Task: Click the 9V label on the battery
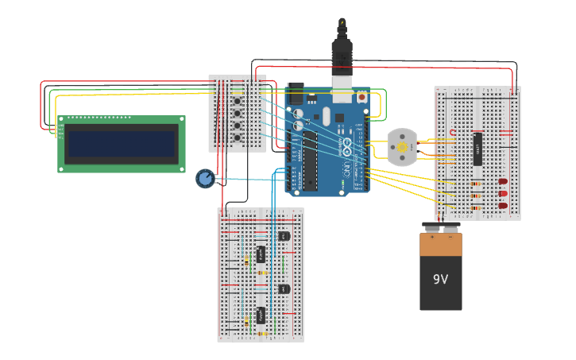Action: pos(440,280)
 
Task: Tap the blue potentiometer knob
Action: pos(205,179)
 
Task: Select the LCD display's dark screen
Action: pos(121,145)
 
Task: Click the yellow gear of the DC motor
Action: pos(402,147)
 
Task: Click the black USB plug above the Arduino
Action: pos(341,52)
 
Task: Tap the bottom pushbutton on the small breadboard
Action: pos(237,138)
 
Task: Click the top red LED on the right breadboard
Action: pos(503,182)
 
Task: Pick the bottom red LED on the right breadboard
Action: pos(503,206)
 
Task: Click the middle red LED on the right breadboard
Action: pos(503,194)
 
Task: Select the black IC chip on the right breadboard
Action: pos(477,149)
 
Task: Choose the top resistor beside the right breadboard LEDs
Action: pos(475,184)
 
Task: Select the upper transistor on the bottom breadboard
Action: pos(284,236)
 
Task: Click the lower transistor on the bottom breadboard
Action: pos(284,288)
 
